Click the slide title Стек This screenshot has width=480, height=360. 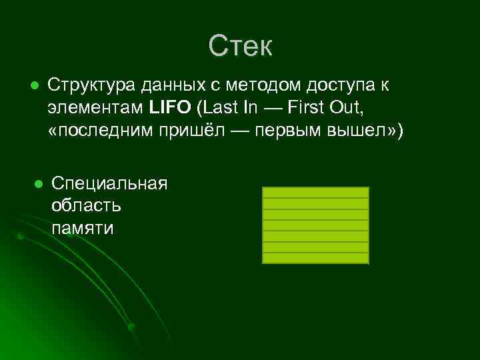[x=240, y=46]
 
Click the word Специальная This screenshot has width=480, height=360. [x=109, y=183]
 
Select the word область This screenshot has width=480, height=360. [x=87, y=205]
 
